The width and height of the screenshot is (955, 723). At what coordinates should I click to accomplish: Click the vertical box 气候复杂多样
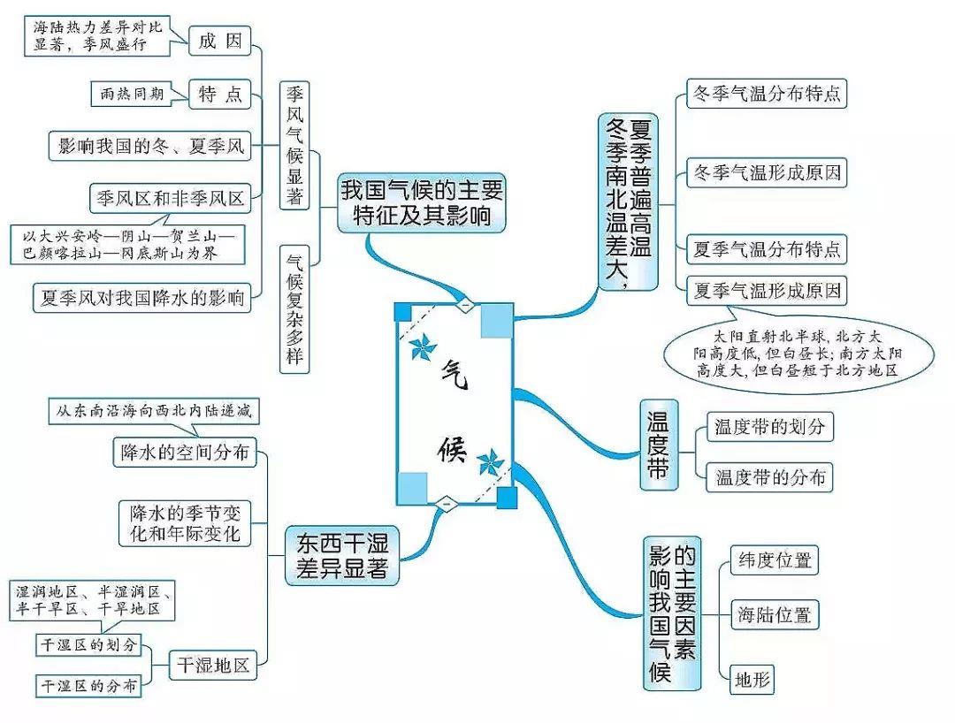click(x=295, y=307)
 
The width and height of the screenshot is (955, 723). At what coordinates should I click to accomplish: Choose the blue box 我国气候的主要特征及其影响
click(x=422, y=202)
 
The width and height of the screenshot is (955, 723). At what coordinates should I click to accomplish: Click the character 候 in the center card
click(x=448, y=450)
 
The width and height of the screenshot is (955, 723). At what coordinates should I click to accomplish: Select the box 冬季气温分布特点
click(x=767, y=92)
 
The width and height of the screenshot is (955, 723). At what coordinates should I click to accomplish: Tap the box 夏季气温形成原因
click(x=767, y=289)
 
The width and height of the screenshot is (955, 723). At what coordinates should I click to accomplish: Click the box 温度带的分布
click(x=769, y=477)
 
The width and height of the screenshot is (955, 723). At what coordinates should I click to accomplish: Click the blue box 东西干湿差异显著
click(x=342, y=555)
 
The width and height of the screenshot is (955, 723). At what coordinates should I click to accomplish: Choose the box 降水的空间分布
click(x=184, y=453)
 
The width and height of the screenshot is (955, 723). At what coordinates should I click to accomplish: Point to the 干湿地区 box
click(x=212, y=664)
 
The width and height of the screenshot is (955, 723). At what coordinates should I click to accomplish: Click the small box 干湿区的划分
click(x=88, y=644)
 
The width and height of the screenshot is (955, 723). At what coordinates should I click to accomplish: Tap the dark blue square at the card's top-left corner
click(x=403, y=311)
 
